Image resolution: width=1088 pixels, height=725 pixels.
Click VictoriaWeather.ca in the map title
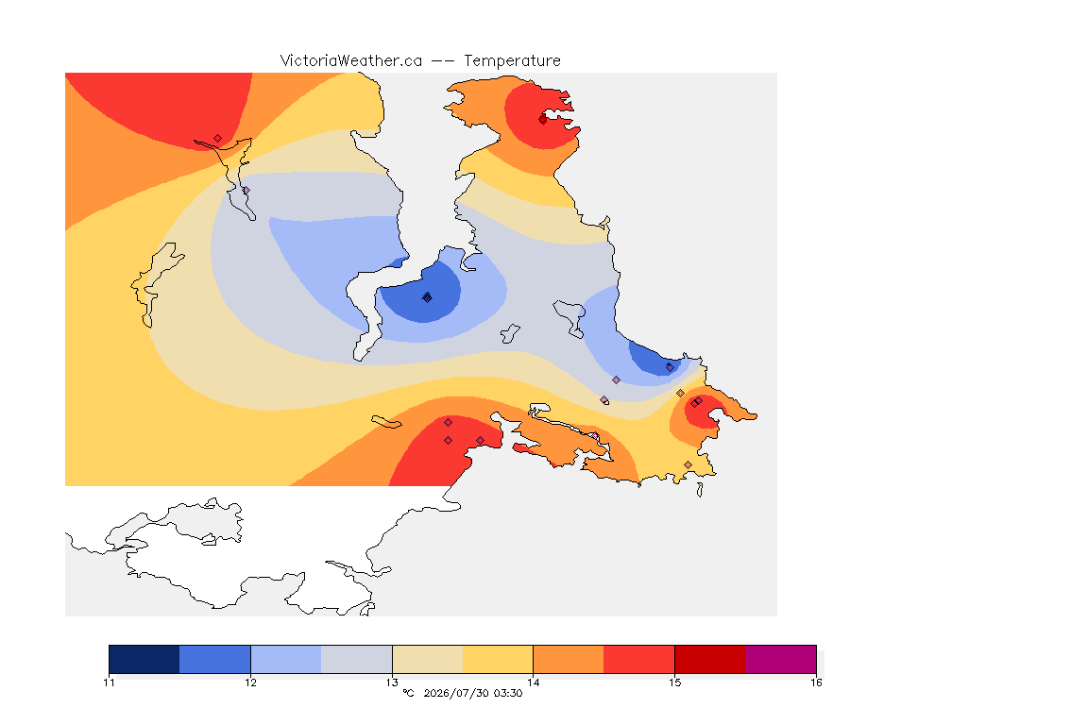click(x=351, y=61)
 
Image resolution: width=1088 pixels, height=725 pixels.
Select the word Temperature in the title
click(x=512, y=61)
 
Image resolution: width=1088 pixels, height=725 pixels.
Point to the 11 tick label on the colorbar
click(x=109, y=683)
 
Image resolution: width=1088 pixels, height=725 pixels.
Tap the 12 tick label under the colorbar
click(x=250, y=683)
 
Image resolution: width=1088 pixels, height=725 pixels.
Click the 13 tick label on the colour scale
click(x=392, y=683)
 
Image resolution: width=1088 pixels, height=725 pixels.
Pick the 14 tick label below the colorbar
click(x=533, y=683)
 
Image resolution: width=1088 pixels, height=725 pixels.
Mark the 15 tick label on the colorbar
click(x=674, y=683)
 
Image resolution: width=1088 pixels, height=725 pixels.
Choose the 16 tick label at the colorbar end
click(x=816, y=683)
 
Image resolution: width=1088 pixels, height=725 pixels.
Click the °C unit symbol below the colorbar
click(x=409, y=693)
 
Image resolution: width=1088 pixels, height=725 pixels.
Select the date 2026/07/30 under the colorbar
click(x=456, y=693)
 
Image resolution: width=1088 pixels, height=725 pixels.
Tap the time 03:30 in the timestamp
click(x=508, y=693)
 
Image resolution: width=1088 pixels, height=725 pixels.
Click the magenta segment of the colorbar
click(x=781, y=659)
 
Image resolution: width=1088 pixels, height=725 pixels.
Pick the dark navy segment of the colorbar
click(x=144, y=659)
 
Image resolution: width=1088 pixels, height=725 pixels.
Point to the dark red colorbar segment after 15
click(x=710, y=659)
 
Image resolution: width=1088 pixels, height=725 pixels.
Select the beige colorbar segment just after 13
click(x=428, y=659)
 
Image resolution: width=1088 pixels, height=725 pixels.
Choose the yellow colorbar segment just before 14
click(x=498, y=659)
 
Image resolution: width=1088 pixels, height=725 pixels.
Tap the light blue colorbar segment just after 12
click(x=286, y=659)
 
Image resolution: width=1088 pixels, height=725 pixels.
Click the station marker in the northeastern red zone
click(x=543, y=119)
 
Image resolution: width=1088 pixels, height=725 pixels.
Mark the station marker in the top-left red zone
click(x=218, y=139)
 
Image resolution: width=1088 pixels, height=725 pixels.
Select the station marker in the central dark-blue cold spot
click(x=428, y=297)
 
